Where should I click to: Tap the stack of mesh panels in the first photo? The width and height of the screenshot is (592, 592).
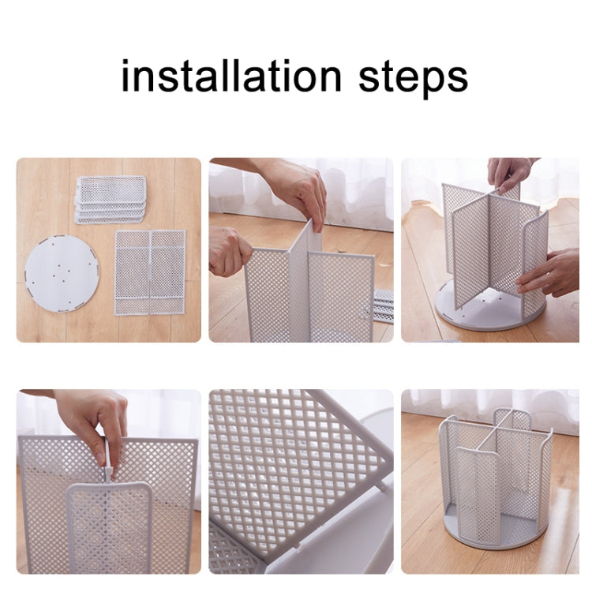point(111,198)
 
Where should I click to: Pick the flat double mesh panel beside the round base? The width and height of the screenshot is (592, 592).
point(150,272)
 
